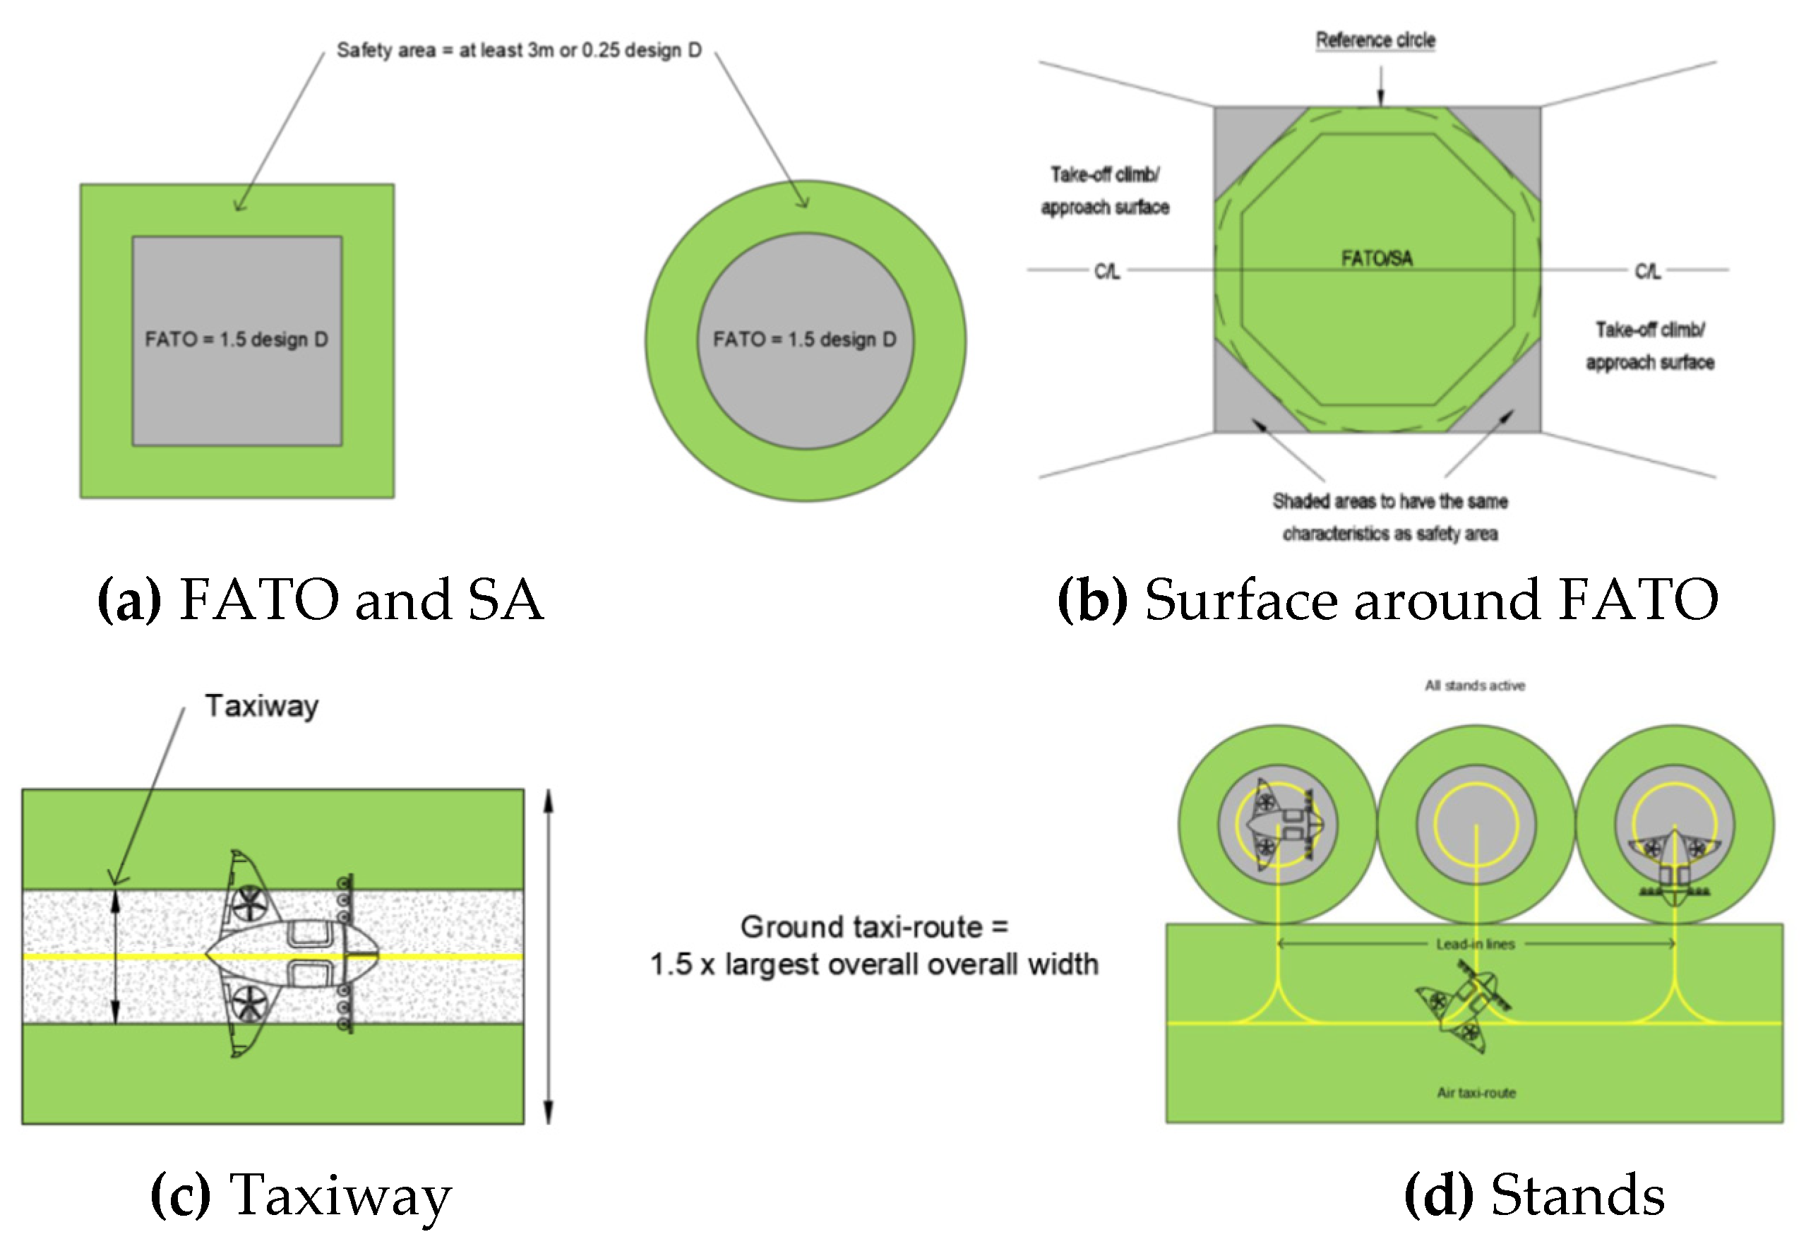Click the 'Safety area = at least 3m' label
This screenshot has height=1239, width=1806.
pyautogui.click(x=518, y=51)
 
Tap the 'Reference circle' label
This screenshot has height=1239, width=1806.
pyautogui.click(x=1375, y=40)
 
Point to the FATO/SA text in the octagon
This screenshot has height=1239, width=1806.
pyautogui.click(x=1376, y=258)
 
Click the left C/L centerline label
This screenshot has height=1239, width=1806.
pyautogui.click(x=1106, y=271)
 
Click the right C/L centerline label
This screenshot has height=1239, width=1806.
pyautogui.click(x=1646, y=271)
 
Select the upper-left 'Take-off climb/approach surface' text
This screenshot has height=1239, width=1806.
pyautogui.click(x=1104, y=191)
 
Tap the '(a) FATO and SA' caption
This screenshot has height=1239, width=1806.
pyautogui.click(x=320, y=600)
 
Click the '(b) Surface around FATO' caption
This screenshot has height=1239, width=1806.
pyautogui.click(x=1387, y=600)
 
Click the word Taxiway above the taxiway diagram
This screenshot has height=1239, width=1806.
pyautogui.click(x=261, y=706)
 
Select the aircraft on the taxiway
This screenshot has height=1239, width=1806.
pyautogui.click(x=292, y=954)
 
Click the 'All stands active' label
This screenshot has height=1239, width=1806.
pyautogui.click(x=1474, y=686)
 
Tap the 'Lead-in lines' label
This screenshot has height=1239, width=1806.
pyautogui.click(x=1475, y=945)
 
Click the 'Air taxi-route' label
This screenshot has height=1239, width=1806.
pyautogui.click(x=1476, y=1093)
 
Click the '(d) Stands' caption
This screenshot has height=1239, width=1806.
pyautogui.click(x=1535, y=1195)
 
